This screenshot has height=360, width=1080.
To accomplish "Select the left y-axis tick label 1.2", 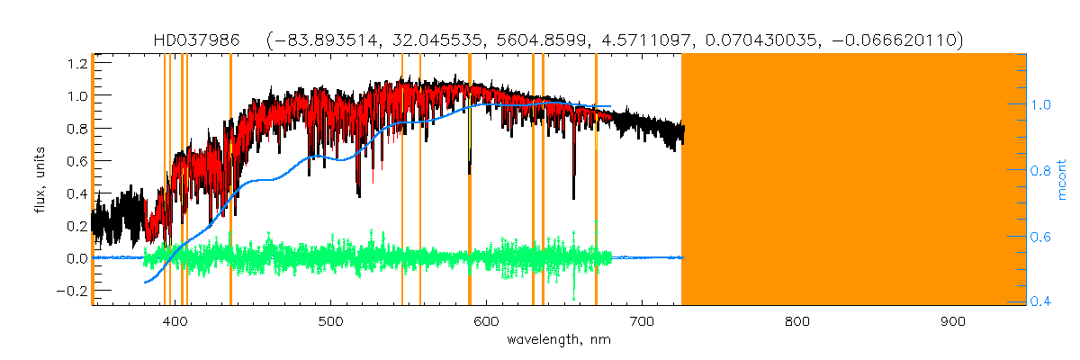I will coord(76,63).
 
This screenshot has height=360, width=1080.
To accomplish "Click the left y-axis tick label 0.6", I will coord(76,161).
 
